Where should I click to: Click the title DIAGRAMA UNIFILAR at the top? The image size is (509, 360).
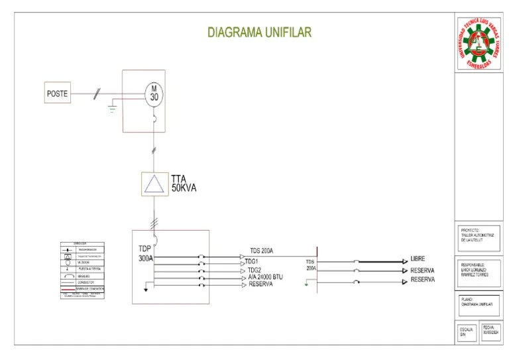pyautogui.click(x=259, y=32)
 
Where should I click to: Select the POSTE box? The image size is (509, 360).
pyautogui.click(x=58, y=94)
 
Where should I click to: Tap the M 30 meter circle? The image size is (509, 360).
pyautogui.click(x=154, y=93)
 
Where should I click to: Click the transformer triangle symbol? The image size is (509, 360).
pyautogui.click(x=154, y=184)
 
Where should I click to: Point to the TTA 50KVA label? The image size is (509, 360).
pyautogui.click(x=184, y=184)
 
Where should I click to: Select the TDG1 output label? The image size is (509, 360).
pyautogui.click(x=253, y=263)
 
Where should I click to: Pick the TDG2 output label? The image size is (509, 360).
pyautogui.click(x=254, y=270)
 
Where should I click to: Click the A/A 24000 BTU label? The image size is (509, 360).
pyautogui.click(x=265, y=277)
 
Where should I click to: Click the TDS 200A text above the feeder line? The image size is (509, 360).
pyautogui.click(x=261, y=251)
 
